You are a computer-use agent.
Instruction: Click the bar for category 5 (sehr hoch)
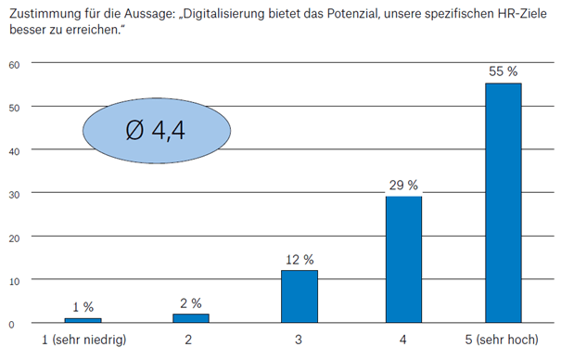click(503, 202)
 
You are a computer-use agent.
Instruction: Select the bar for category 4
click(403, 259)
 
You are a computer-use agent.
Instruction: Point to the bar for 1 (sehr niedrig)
click(83, 319)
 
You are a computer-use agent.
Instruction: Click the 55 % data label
click(503, 71)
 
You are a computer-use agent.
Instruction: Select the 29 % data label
click(403, 184)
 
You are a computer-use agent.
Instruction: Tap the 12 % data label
click(300, 258)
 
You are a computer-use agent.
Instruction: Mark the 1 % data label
click(83, 306)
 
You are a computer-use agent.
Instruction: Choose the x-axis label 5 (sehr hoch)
click(503, 341)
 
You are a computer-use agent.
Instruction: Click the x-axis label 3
click(300, 341)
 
